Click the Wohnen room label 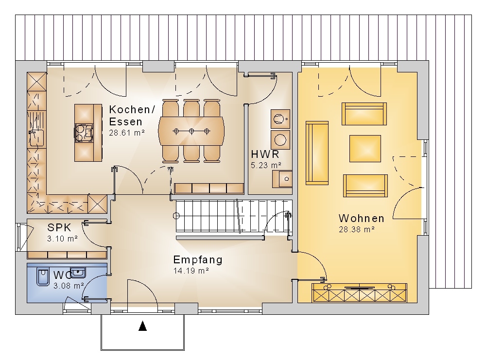coord(362,219)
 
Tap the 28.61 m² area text coord(127,133)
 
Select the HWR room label coord(265,154)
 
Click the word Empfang coord(198,259)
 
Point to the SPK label coord(59,227)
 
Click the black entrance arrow coord(142,326)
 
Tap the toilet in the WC coord(42,276)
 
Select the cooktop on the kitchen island coord(84,133)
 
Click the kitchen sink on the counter coord(36,137)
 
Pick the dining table coord(191,131)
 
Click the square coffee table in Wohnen coord(365,148)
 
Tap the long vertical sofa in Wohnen coord(317,153)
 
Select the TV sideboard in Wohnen coord(359,292)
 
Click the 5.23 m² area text coord(266,166)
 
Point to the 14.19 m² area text coord(191,271)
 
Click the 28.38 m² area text coord(357,230)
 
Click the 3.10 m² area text coord(62,239)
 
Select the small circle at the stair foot coord(176,216)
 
